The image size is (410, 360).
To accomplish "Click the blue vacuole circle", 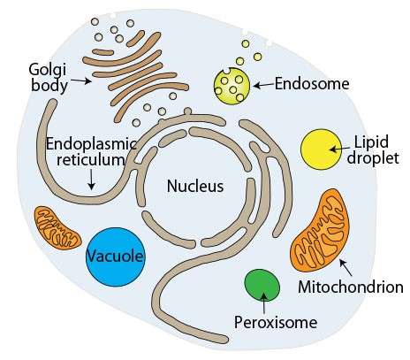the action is point(115,257).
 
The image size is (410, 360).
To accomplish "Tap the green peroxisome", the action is point(262,285).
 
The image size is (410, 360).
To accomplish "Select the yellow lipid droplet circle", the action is point(321,149).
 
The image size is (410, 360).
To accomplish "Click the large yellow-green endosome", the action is point(232,86).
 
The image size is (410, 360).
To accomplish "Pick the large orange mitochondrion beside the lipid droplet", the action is point(320,231).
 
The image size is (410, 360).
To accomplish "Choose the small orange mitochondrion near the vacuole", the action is point(57,227).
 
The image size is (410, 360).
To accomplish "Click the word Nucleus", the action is point(195,187).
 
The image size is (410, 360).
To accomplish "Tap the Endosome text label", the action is point(312,84).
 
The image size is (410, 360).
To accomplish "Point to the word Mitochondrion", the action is point(351,287).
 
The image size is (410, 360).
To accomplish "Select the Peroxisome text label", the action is point(276,322).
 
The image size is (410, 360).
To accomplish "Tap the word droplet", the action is point(373,157).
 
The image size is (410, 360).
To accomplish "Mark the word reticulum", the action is point(91,159).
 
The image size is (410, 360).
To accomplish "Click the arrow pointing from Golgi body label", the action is point(81,80).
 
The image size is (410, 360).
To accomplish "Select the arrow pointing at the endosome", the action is point(263,85).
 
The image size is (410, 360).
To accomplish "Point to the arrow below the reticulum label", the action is point(92,180).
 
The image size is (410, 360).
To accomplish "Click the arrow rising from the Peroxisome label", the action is point(264,303).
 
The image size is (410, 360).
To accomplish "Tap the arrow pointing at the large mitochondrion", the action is point(345,267).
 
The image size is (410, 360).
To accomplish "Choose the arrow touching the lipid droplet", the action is point(340,149).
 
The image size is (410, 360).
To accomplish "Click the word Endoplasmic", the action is point(91,144).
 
